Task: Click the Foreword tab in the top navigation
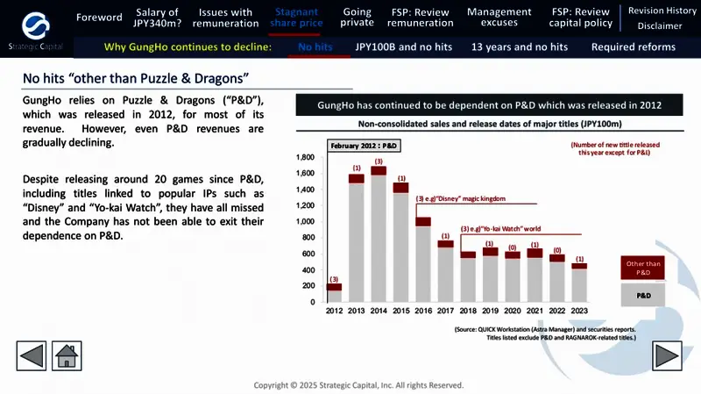click(99, 18)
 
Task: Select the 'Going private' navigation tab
click(358, 18)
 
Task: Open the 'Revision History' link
click(662, 11)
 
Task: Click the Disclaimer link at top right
click(662, 26)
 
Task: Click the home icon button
click(67, 357)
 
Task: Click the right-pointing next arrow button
click(667, 357)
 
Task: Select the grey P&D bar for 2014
click(379, 237)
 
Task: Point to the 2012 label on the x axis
click(334, 311)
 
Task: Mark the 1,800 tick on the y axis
click(305, 157)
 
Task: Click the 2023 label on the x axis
click(579, 311)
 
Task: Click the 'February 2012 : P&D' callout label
click(364, 144)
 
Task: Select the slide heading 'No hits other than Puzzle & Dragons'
click(136, 80)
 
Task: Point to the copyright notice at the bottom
click(358, 385)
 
